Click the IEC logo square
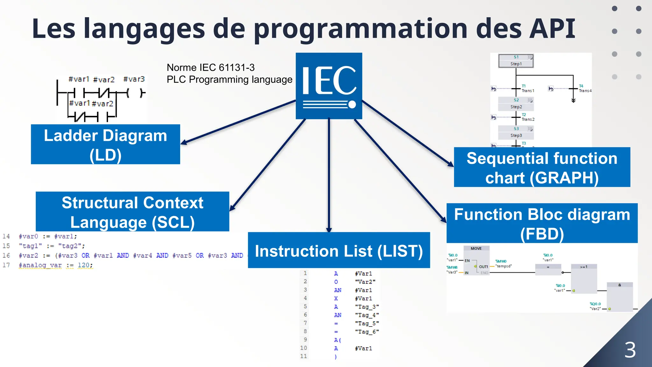[x=329, y=86]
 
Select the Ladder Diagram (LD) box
[x=105, y=144]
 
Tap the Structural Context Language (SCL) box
[x=132, y=212]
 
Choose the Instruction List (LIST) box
[x=339, y=250]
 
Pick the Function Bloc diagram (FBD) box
[x=542, y=223]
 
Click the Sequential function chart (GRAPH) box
[x=542, y=167]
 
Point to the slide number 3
[x=630, y=350]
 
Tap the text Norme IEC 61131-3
[x=211, y=68]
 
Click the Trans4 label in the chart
[x=585, y=91]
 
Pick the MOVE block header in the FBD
[x=476, y=248]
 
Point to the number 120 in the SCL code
[x=83, y=265]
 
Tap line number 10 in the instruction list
[x=303, y=348]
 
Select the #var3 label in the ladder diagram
[x=134, y=79]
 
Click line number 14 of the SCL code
[x=6, y=236]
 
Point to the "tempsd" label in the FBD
[x=504, y=266]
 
